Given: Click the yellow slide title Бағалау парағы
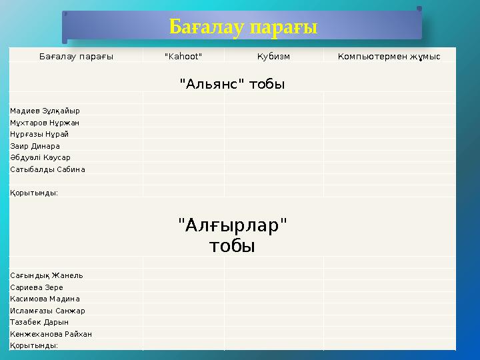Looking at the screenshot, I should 243,27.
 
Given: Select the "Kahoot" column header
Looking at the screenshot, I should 183,57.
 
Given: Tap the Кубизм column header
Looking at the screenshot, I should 273,57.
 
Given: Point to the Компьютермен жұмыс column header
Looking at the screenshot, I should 389,57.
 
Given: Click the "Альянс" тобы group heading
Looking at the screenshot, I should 232,85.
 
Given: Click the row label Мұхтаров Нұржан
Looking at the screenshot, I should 45,123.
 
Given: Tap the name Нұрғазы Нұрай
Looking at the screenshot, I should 40,134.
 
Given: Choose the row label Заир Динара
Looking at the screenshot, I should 35,146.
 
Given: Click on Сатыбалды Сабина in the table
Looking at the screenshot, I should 47,169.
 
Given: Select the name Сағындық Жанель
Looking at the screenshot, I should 47,275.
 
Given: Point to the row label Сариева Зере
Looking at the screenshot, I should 37,287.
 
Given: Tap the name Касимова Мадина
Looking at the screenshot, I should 45,299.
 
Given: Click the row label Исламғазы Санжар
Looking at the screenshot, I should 47,311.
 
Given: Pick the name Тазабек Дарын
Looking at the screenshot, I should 39,322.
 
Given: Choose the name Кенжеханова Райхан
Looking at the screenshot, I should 51,334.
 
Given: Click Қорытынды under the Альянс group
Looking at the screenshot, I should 34,193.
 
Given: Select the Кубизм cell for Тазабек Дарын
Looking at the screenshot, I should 273,322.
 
